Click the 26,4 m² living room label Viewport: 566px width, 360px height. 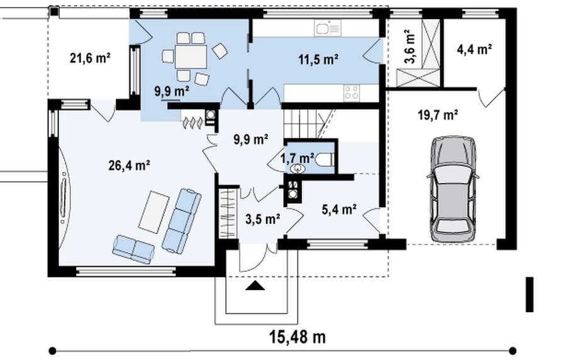[129, 166]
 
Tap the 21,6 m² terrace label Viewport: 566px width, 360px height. [90, 58]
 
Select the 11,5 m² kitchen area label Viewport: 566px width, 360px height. [318, 60]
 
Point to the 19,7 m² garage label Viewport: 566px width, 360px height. [438, 116]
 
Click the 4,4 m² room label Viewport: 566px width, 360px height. [474, 49]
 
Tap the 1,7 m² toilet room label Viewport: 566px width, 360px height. [297, 158]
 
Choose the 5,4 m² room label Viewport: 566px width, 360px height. [340, 209]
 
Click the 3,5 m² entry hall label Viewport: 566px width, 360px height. [263, 219]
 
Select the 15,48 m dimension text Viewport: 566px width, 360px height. [297, 337]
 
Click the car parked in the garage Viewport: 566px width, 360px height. [453, 189]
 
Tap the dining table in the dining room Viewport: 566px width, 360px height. [191, 57]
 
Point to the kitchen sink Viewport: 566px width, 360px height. [328, 28]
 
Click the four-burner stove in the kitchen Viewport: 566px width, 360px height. [352, 93]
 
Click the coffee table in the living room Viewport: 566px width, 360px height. [154, 212]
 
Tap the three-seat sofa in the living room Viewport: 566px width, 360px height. [182, 220]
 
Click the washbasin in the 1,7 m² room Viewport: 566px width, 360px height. [297, 169]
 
